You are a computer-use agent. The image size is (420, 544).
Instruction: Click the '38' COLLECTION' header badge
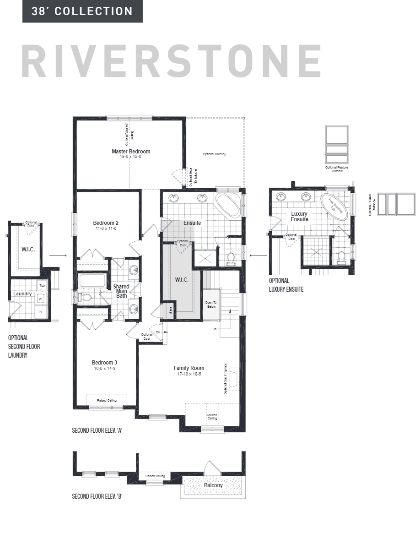[82, 11]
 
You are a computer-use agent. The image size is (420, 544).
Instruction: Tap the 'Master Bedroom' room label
[131, 151]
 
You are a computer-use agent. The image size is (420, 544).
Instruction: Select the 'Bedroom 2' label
[106, 223]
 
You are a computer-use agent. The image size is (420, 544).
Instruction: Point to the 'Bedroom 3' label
[105, 363]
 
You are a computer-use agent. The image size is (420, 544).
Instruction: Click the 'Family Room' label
[188, 368]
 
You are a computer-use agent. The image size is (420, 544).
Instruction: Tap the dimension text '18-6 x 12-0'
[131, 157]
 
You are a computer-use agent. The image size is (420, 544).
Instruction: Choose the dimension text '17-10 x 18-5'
[188, 374]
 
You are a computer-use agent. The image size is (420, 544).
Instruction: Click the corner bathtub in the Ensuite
[227, 206]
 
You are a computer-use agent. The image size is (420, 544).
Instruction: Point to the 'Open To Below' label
[210, 305]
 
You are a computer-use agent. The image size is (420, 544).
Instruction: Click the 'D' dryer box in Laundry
[40, 312]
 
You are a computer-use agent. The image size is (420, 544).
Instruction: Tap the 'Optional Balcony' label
[215, 154]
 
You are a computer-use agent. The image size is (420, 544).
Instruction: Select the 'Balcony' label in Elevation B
[213, 485]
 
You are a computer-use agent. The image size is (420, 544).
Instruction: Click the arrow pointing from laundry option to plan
[58, 256]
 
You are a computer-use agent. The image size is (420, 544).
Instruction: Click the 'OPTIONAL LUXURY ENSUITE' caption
[286, 285]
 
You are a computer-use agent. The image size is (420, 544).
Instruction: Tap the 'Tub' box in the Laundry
[42, 285]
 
